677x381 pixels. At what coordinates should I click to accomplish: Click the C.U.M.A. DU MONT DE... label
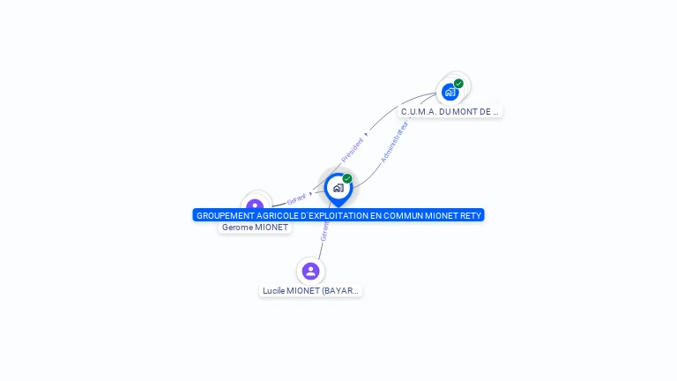pyautogui.click(x=450, y=112)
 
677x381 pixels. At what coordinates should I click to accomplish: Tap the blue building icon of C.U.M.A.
pyautogui.click(x=450, y=92)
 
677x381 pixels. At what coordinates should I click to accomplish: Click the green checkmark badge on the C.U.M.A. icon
pyautogui.click(x=458, y=84)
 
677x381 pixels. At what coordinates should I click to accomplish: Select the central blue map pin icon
pyautogui.click(x=338, y=188)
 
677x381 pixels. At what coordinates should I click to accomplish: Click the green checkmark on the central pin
pyautogui.click(x=347, y=179)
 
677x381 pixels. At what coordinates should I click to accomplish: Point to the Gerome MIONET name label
pyautogui.click(x=255, y=228)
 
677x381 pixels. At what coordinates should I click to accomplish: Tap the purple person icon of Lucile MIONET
pyautogui.click(x=310, y=271)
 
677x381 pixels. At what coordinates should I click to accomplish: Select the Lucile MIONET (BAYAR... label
pyautogui.click(x=311, y=291)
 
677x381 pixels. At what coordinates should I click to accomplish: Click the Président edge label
pyautogui.click(x=352, y=148)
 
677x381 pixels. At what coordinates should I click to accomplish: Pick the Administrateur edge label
pyautogui.click(x=394, y=142)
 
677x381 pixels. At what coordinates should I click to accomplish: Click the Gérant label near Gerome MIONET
pyautogui.click(x=296, y=200)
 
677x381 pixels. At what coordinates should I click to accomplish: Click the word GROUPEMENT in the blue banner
pyautogui.click(x=225, y=215)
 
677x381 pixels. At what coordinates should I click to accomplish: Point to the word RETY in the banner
pyautogui.click(x=471, y=215)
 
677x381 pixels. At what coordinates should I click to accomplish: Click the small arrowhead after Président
pyautogui.click(x=366, y=135)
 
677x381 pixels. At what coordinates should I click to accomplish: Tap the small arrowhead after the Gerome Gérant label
pyautogui.click(x=310, y=194)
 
